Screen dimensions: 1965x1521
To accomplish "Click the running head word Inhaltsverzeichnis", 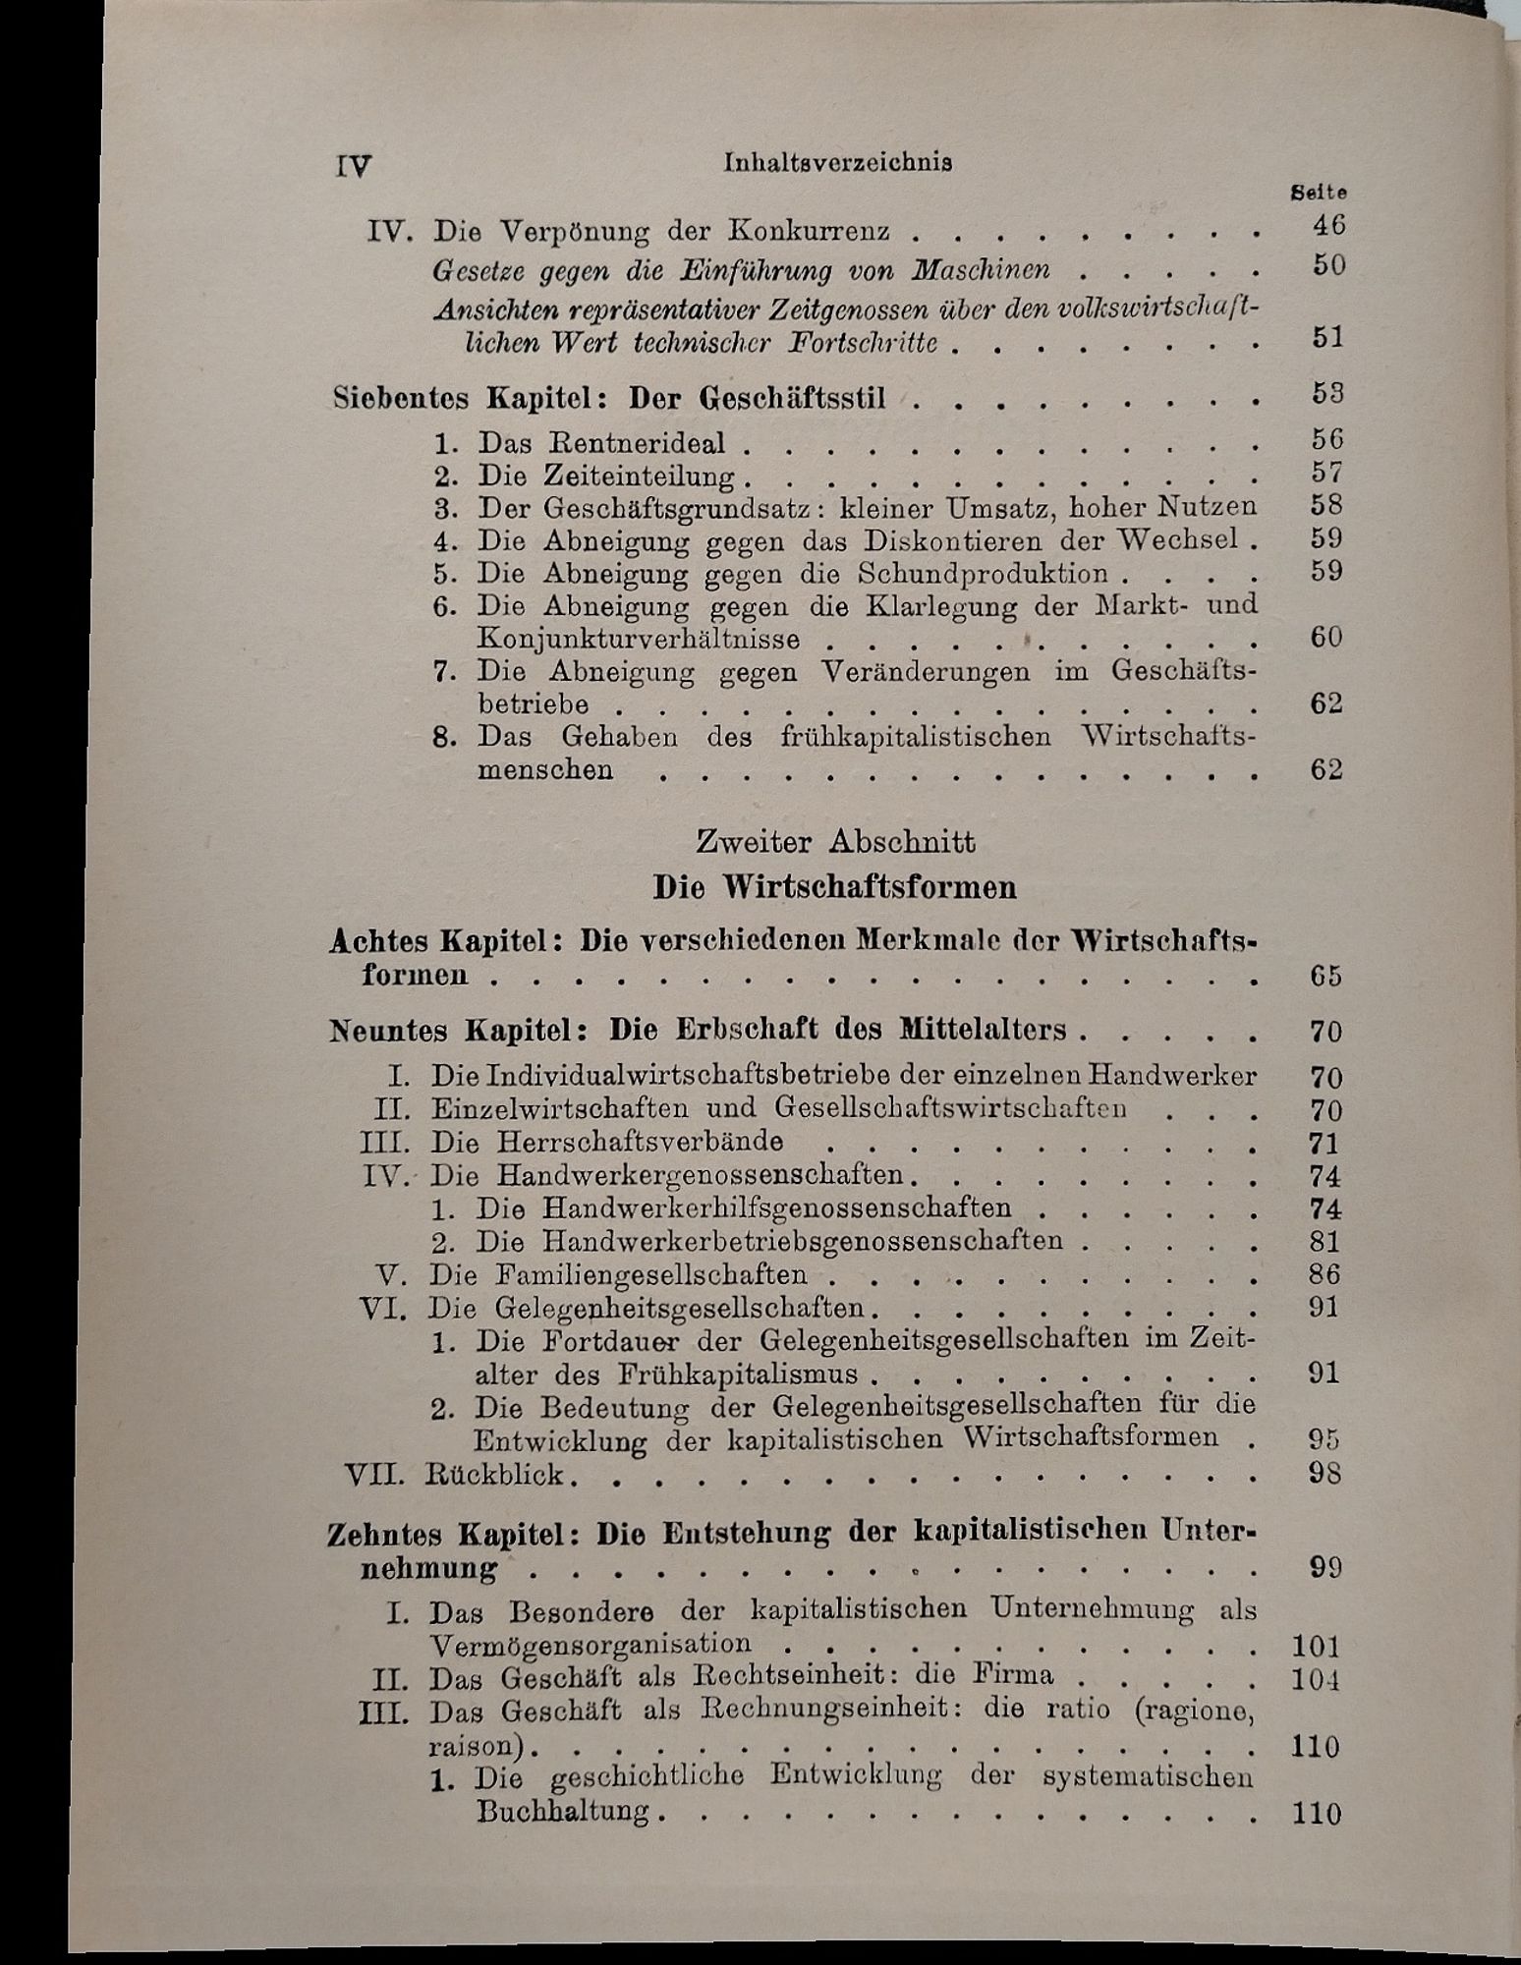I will click(837, 163).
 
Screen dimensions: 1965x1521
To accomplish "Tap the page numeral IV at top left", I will click(352, 166).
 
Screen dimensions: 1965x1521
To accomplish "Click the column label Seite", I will click(1318, 194).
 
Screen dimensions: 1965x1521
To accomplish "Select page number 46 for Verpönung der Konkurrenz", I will click(1328, 226).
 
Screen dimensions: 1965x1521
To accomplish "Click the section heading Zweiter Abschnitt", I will click(835, 842).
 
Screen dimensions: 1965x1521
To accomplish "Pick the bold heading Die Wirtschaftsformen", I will click(835, 887).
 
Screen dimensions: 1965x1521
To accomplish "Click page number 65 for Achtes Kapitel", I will click(1325, 977).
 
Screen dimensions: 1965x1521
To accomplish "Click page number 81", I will click(1325, 1242).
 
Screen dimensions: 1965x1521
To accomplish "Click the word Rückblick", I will click(495, 1474).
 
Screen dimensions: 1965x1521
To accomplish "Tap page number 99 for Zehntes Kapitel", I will click(1325, 1568).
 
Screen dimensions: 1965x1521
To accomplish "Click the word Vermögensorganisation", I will click(590, 1644).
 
